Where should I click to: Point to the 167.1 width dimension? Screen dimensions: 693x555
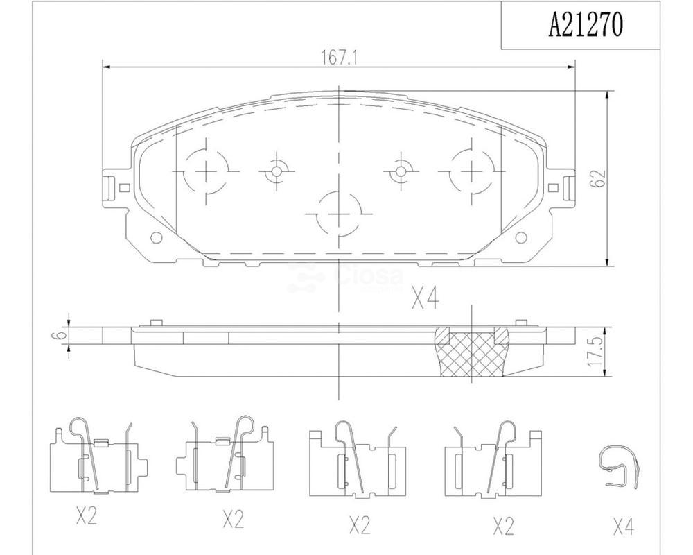point(339,58)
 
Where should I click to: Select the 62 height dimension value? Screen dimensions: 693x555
point(598,178)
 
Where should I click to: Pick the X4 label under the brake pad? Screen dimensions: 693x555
point(426,298)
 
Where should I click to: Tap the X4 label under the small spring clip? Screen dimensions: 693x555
point(624,527)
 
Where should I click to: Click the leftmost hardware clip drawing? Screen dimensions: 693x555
point(98,455)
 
